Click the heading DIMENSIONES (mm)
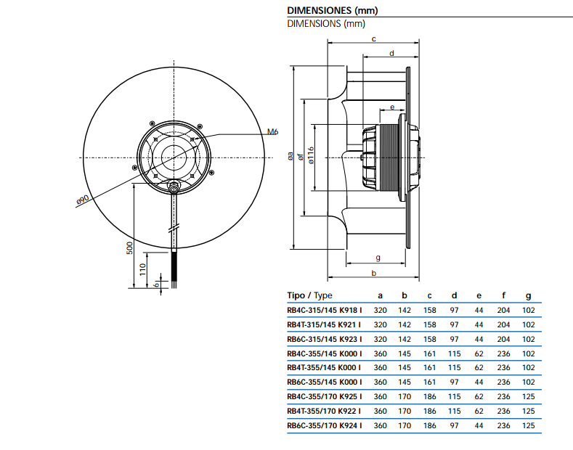click(332, 11)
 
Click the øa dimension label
click(290, 155)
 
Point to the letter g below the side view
click(378, 258)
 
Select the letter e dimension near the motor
click(392, 107)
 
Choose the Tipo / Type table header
click(309, 295)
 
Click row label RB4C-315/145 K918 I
click(324, 310)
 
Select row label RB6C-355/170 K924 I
click(324, 425)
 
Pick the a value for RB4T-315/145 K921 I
click(380, 324)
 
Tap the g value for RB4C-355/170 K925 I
click(529, 396)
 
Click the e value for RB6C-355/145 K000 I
click(479, 382)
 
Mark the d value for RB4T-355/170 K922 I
click(455, 411)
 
